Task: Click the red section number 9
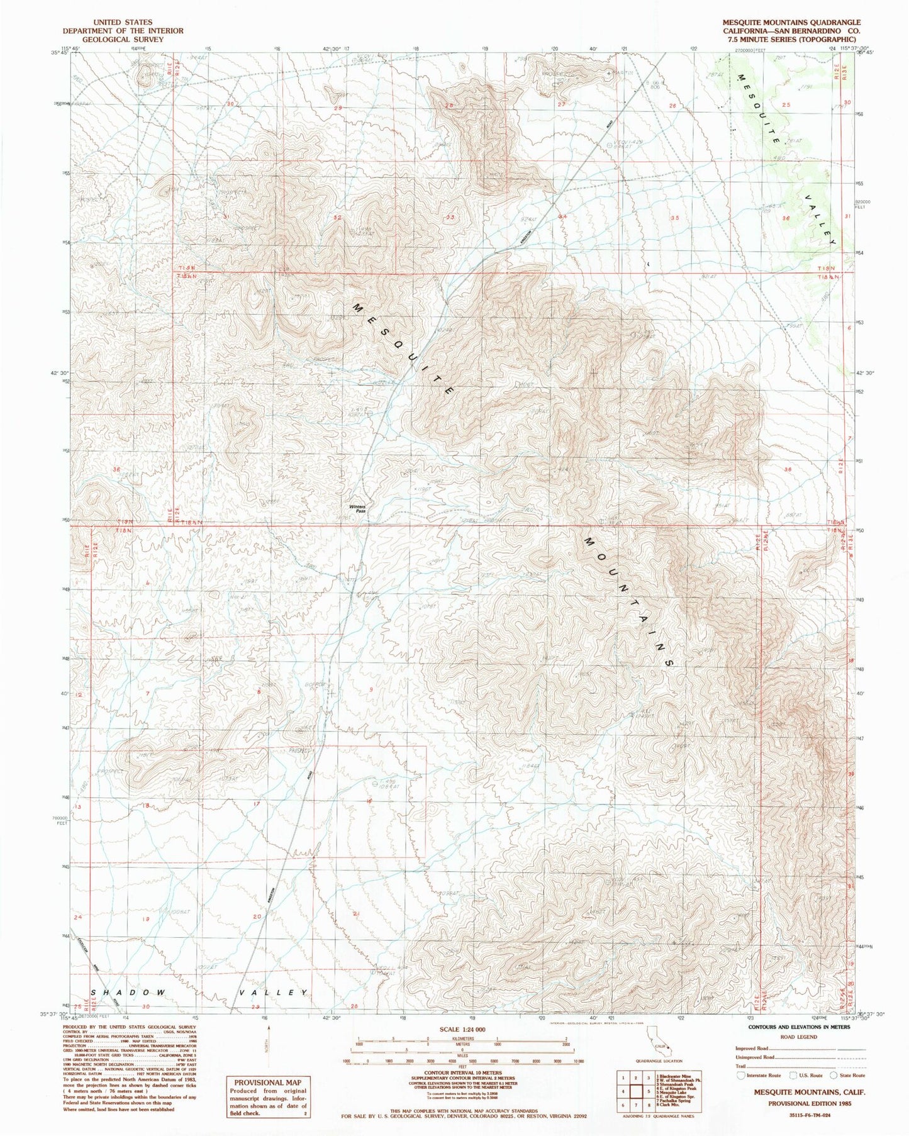[371, 691]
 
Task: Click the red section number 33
[450, 217]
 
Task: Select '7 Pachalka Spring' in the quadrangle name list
[675, 1100]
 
